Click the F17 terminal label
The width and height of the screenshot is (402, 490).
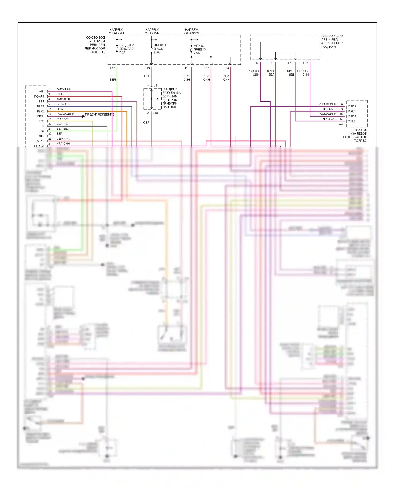pos(112,68)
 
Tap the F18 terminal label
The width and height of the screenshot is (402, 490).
pos(147,68)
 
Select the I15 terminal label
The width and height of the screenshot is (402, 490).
pos(187,68)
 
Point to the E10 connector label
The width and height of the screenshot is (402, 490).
pos(291,63)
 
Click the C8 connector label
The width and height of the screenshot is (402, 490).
pos(271,63)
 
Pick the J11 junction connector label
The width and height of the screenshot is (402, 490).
pos(156,86)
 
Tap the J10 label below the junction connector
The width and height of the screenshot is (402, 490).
pos(155,113)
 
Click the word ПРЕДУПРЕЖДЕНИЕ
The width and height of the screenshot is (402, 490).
pos(100,114)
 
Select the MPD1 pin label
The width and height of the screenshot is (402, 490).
pos(352,106)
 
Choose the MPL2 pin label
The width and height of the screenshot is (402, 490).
pos(352,121)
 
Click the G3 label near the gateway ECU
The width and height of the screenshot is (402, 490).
pos(341,124)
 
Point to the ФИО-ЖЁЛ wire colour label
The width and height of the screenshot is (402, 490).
pos(64,89)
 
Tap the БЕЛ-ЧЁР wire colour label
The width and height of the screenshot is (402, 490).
pos(63,124)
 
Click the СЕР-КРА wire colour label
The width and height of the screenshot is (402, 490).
pos(63,139)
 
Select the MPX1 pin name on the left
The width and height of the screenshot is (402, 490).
pos(40,116)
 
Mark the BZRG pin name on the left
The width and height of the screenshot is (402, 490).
pos(40,141)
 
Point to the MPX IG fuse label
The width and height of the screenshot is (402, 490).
pos(199,46)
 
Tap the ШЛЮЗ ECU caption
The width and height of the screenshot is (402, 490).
pos(359,130)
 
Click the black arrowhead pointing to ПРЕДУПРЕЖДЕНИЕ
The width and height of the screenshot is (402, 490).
pos(83,116)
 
